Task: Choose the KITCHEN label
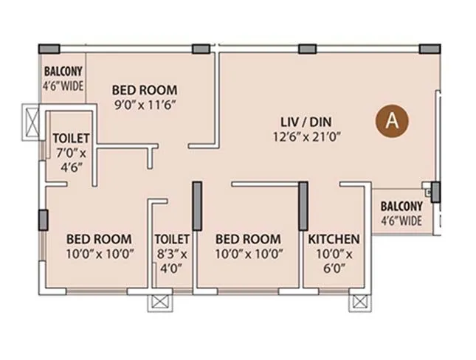(x=334, y=239)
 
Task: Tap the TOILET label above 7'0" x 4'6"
(x=71, y=139)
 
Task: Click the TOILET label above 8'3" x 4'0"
(x=172, y=239)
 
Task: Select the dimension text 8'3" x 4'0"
(x=172, y=261)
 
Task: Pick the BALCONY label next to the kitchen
(x=401, y=207)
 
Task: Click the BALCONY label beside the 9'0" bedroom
(x=63, y=72)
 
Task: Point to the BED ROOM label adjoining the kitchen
(x=247, y=239)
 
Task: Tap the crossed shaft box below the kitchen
(x=359, y=302)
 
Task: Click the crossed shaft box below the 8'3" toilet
(x=159, y=302)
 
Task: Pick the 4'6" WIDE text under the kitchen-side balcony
(x=401, y=221)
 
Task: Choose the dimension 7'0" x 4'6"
(x=71, y=159)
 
